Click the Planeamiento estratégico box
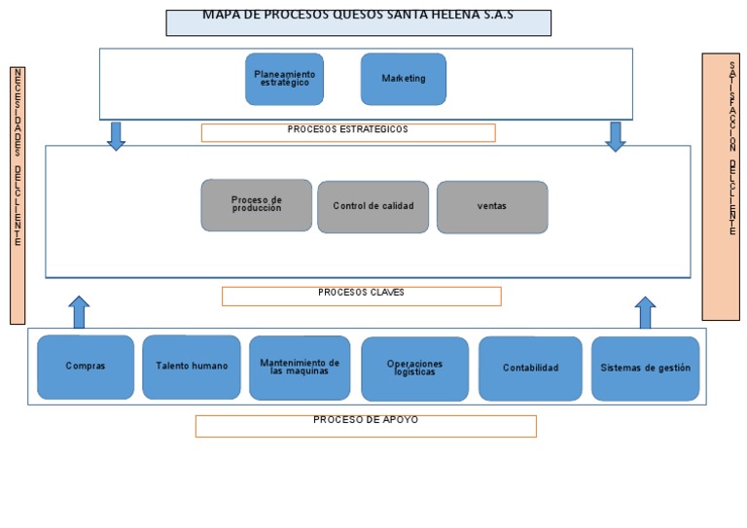coord(284,79)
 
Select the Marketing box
coord(403,79)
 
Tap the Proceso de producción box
coord(256,205)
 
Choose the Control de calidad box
coord(373,206)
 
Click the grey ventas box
coord(491,207)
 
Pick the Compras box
coord(86,367)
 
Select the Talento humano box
coord(192,367)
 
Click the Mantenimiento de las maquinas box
coord(300,368)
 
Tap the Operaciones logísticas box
coord(414,369)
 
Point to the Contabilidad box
coord(530,369)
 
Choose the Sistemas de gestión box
coord(645,369)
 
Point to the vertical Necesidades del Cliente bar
coord(18,194)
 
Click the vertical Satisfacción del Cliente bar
coord(721,186)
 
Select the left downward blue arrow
coord(116,136)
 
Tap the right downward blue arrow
coord(615,136)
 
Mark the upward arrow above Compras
coord(80,312)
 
